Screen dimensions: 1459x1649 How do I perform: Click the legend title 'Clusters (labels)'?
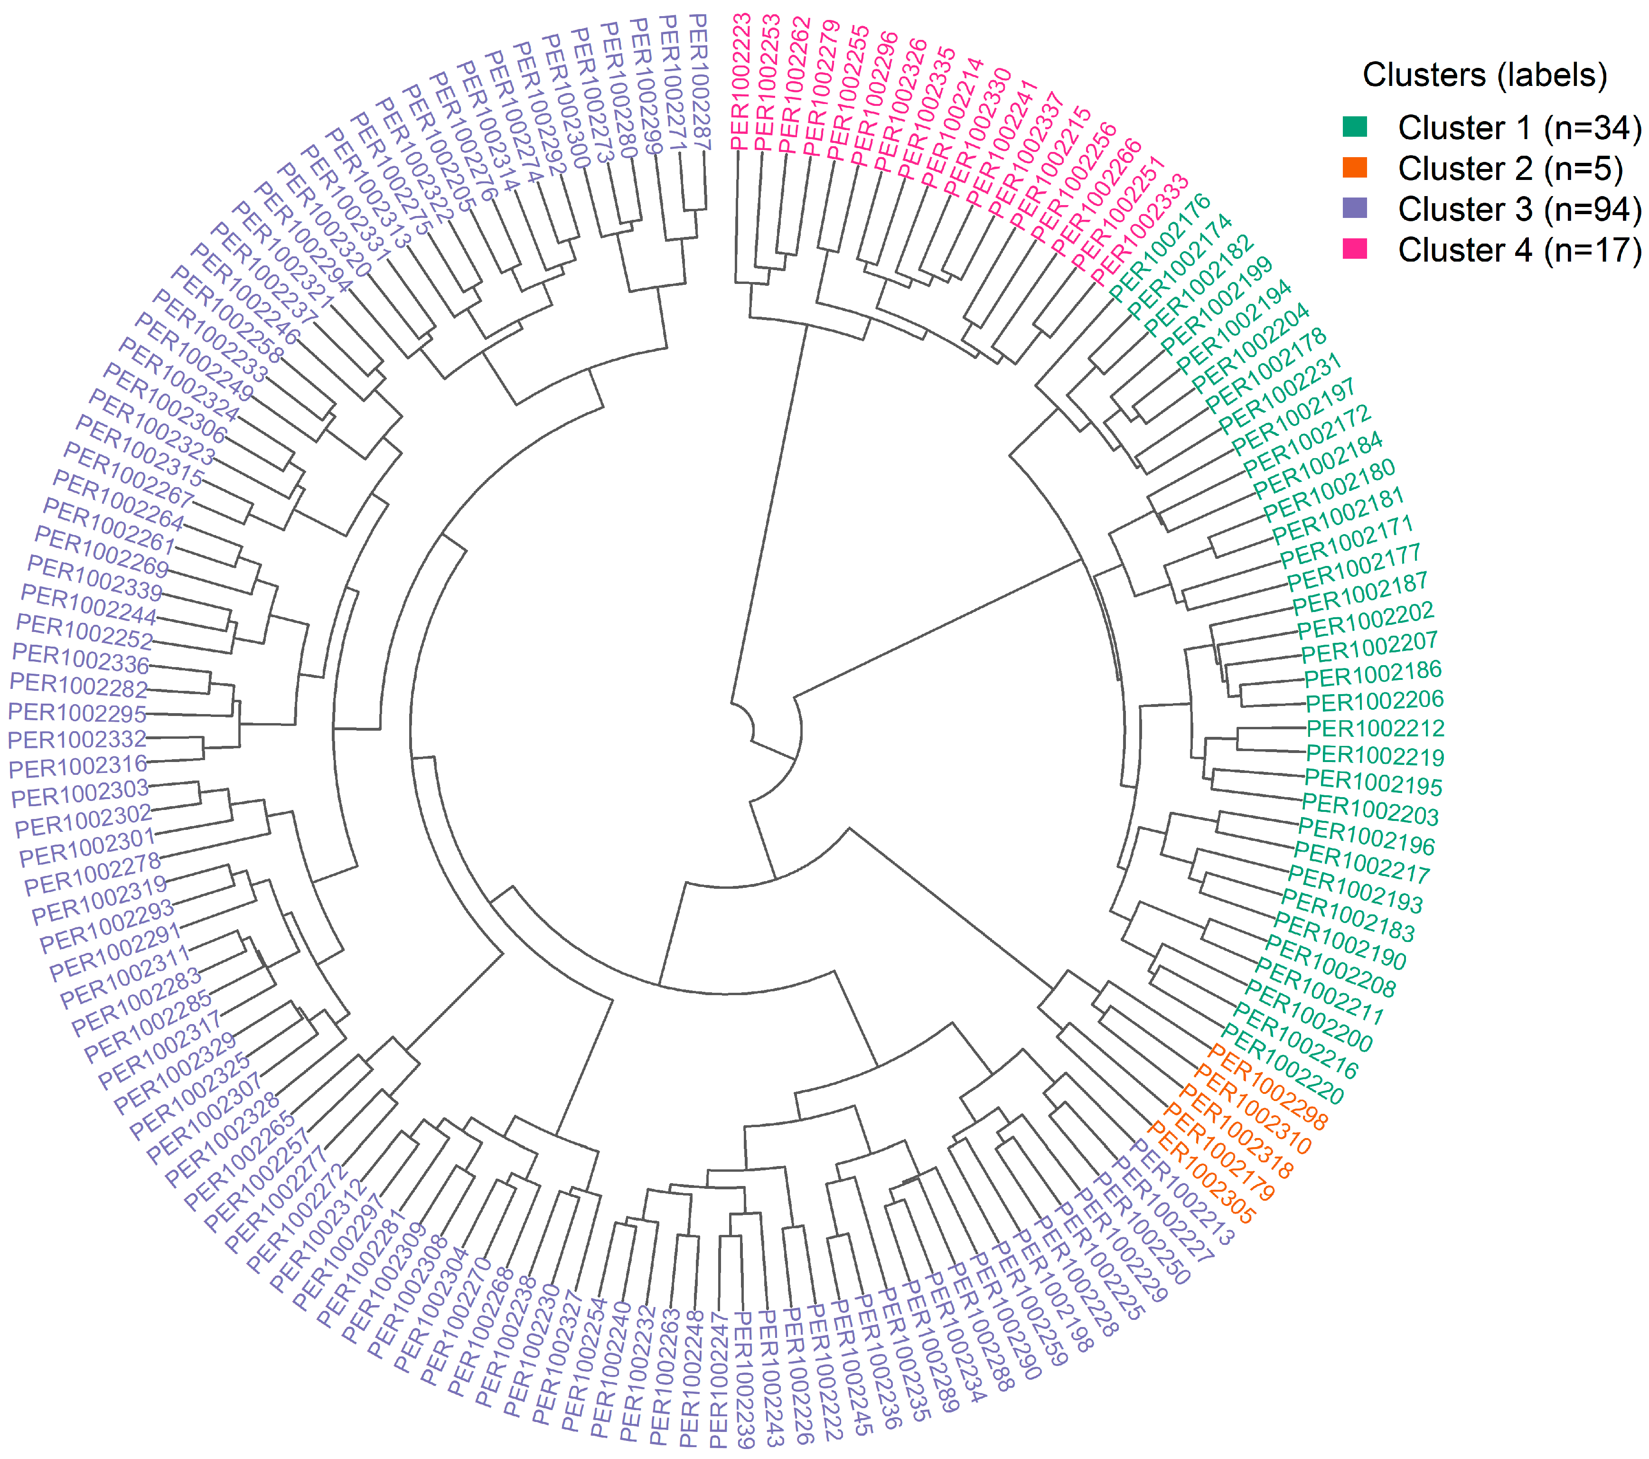[x=1484, y=75]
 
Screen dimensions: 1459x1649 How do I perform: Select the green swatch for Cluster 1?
[x=1355, y=127]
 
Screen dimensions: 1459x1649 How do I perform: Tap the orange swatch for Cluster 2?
[x=1355, y=168]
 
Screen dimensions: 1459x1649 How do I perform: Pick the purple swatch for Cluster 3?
[x=1355, y=208]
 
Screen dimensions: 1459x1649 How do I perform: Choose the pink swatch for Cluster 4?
[x=1355, y=248]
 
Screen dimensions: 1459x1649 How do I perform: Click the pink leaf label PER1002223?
[x=740, y=81]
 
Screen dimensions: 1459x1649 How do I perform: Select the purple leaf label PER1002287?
[x=699, y=81]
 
